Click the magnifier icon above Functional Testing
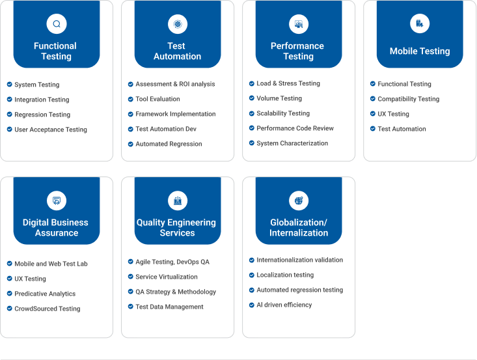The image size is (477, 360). point(57,23)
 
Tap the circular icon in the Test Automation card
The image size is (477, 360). point(178,23)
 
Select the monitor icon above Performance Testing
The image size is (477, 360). point(299,23)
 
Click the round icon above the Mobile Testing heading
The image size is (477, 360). point(420,23)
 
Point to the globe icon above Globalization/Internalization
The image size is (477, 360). point(299,201)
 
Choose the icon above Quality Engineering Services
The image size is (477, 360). point(178,201)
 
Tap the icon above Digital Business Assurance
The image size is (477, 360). point(57,201)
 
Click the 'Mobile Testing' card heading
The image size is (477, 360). point(420,51)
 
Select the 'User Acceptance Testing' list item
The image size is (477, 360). point(51,130)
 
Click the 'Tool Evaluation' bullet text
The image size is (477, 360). point(157,99)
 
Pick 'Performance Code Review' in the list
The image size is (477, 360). point(295,128)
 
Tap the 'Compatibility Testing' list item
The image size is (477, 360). point(409,99)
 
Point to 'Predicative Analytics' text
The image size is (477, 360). point(45,294)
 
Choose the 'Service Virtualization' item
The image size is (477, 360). point(167,277)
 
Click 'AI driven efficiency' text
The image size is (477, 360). point(284,305)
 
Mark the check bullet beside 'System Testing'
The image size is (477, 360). point(9,84)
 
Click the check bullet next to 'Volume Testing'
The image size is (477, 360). point(252,98)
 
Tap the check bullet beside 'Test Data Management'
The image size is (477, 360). point(131,307)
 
